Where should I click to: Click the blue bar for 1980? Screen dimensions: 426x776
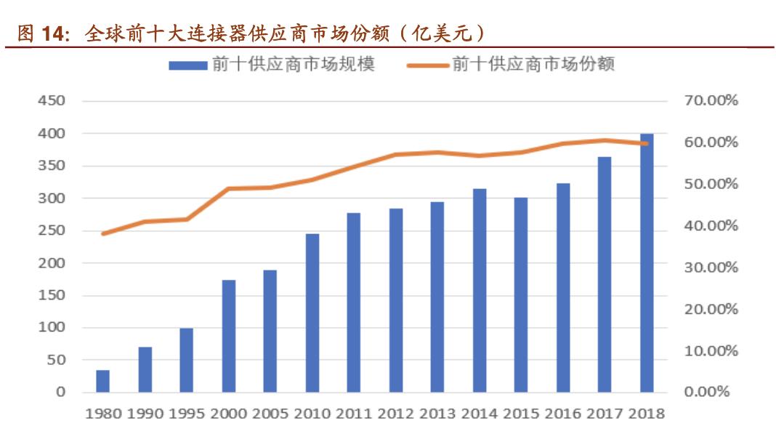103,381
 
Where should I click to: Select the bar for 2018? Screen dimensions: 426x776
647,262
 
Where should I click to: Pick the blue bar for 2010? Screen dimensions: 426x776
312,313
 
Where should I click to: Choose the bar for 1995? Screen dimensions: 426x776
187,360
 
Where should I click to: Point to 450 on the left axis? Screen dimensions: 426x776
52,101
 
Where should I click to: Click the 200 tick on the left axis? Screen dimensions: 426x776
52,263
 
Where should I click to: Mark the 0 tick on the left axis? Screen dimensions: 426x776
61,393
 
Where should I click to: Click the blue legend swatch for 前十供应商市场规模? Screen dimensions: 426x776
188,65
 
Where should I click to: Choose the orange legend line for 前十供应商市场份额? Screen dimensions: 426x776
428,65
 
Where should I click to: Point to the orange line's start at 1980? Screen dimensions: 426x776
103,233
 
